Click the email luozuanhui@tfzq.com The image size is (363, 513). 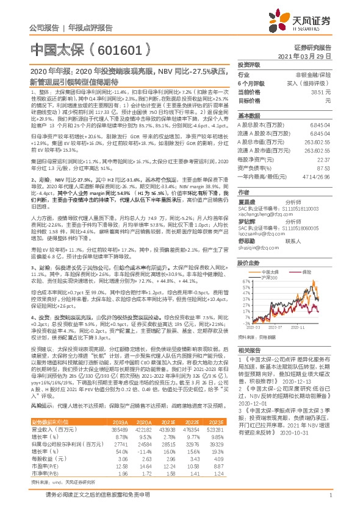[259, 225]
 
